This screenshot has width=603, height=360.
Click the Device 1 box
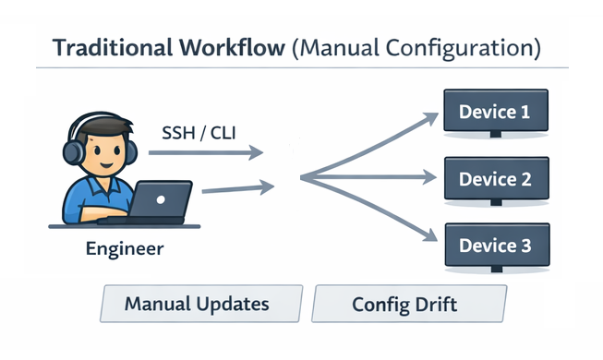[494, 113]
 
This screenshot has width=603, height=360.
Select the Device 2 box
[494, 178]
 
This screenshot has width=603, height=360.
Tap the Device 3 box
[494, 246]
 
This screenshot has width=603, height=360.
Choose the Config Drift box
[409, 304]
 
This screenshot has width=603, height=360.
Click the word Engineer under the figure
[124, 248]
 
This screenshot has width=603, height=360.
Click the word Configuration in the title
[461, 47]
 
